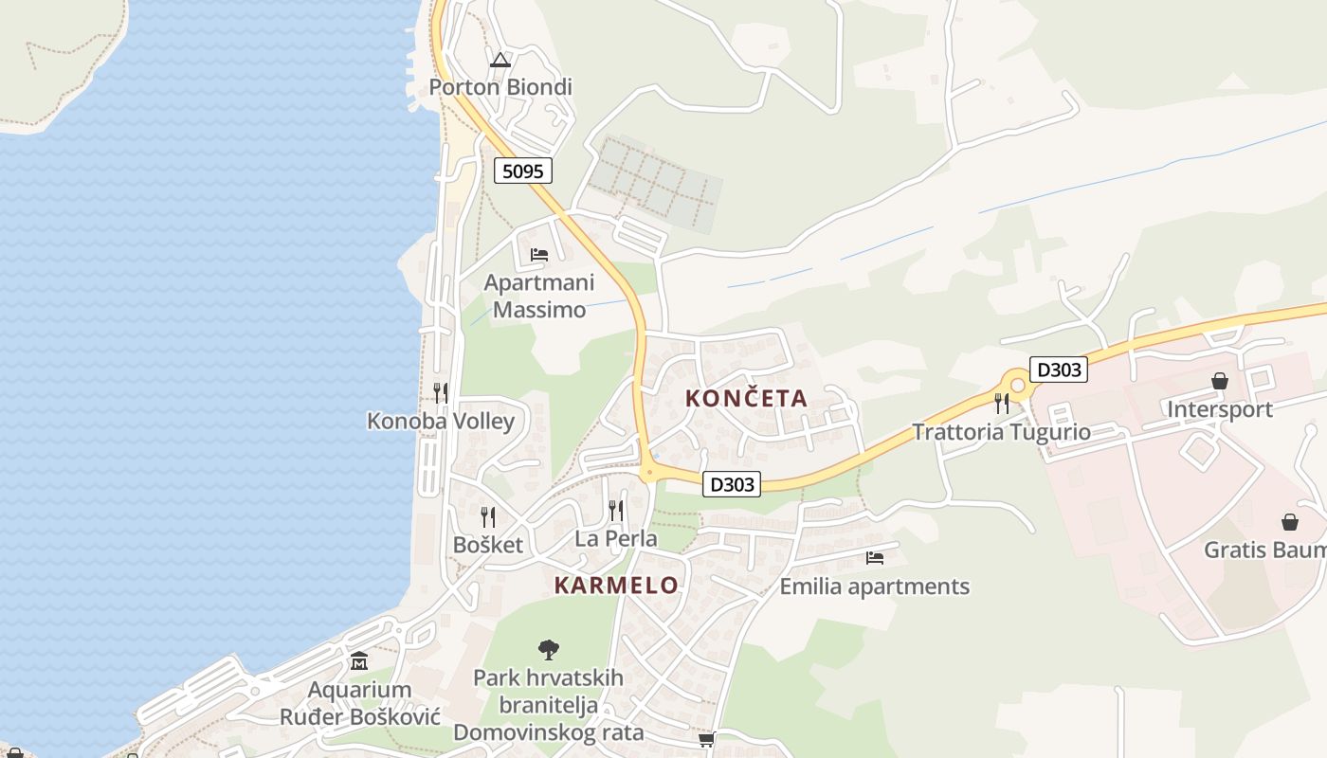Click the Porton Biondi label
500,87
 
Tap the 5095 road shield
522,171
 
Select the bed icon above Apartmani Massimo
539,254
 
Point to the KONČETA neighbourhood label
746,399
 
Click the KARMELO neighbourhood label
616,586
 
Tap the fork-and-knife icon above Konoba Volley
441,392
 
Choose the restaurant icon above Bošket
488,516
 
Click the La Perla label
616,539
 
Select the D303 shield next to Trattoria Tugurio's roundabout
1059,370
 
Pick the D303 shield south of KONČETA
732,484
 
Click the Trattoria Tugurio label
1001,433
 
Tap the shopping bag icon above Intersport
1220,381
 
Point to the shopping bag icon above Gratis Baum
1290,522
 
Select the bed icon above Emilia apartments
874,558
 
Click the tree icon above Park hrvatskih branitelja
548,649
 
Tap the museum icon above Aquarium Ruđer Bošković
359,660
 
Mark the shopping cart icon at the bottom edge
706,739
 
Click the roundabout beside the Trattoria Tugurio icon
1018,386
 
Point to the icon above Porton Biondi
500,60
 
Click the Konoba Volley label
441,422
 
